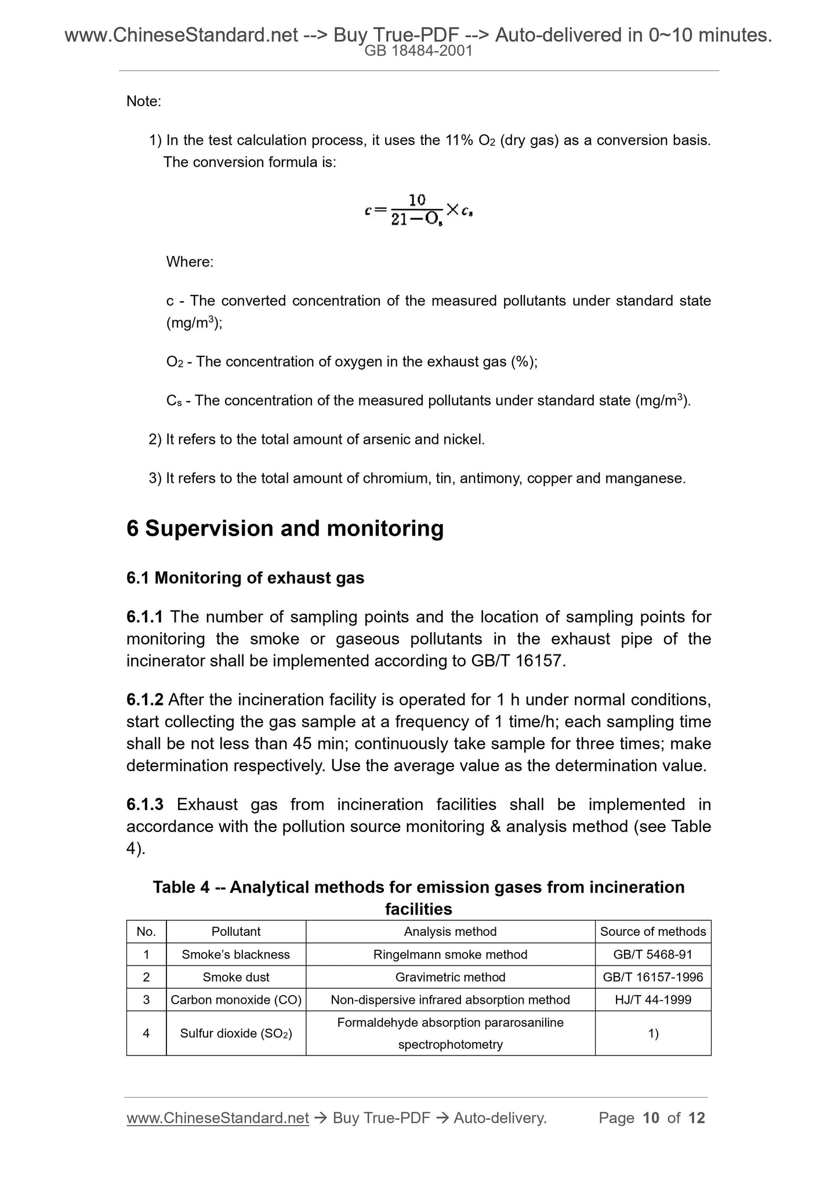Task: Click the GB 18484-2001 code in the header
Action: coord(418,51)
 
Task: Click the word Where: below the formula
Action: coord(190,262)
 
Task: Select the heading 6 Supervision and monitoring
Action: coord(285,529)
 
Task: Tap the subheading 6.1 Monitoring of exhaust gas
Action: coord(245,578)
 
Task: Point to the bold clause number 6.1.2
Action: coord(145,700)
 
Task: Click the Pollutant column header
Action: coord(235,932)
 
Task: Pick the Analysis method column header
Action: coord(450,932)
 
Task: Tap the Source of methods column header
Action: coord(652,932)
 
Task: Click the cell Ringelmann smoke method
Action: coord(450,954)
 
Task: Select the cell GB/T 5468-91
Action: coord(652,954)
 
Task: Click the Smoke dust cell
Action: coord(235,977)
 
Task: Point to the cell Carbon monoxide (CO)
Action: coord(235,1000)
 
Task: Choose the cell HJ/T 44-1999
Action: coord(652,1000)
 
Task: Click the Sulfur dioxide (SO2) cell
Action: coord(235,1033)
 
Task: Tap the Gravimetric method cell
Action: coord(450,977)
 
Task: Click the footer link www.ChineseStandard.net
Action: coord(217,1118)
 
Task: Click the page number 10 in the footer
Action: coord(651,1118)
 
